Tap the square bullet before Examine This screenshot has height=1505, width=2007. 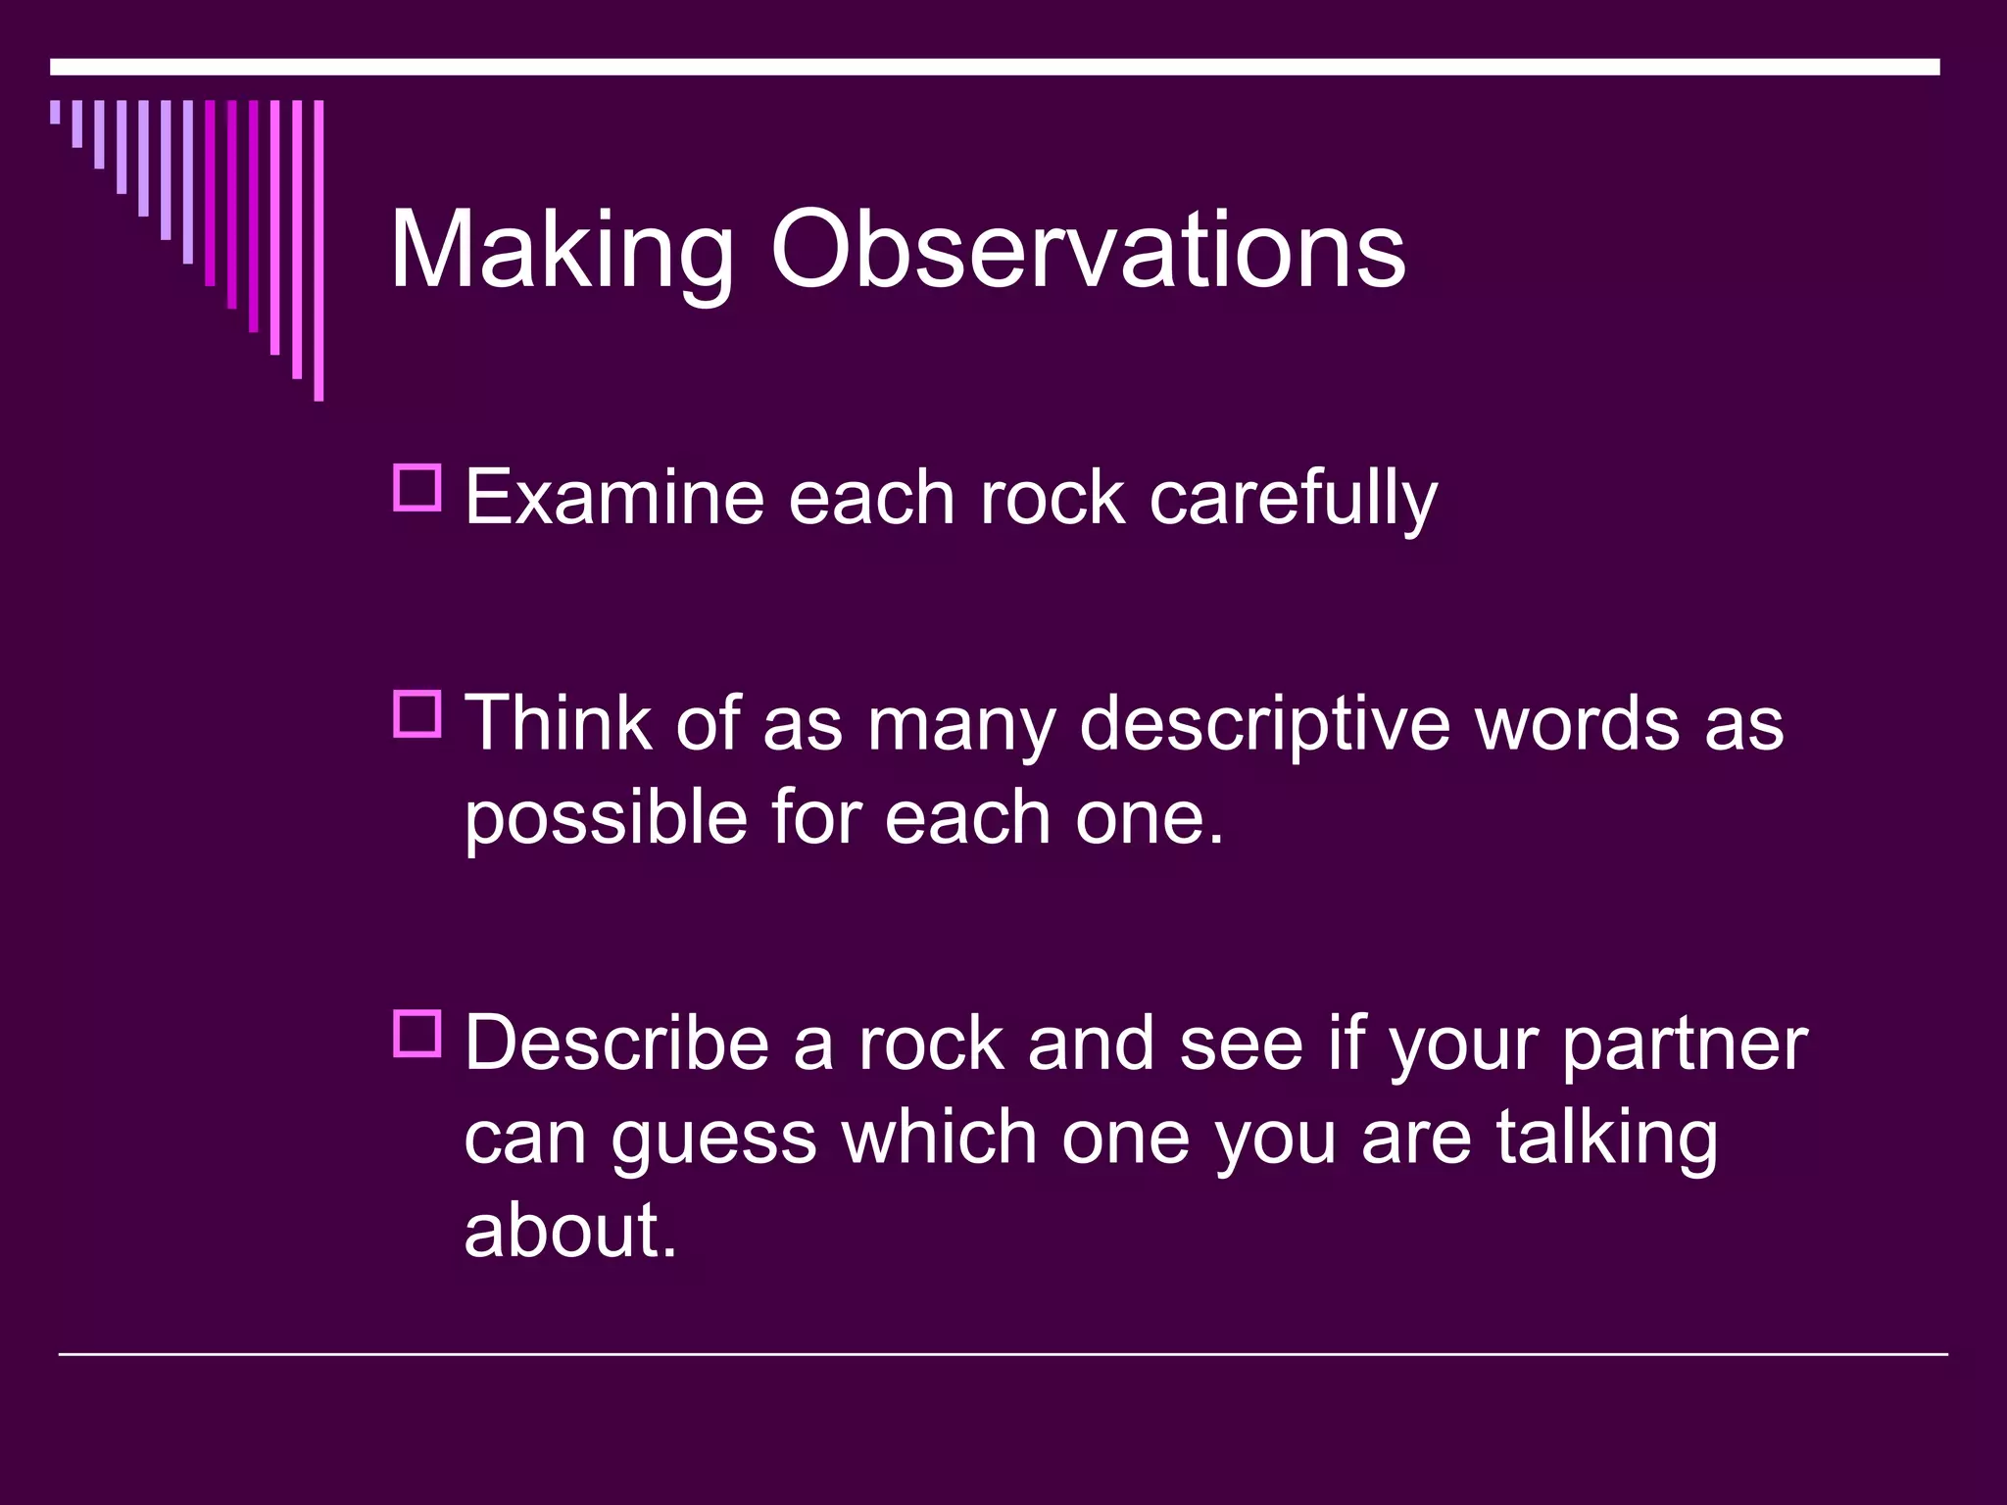(x=417, y=487)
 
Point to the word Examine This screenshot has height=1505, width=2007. (x=613, y=497)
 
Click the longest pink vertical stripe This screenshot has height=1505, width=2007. (x=318, y=250)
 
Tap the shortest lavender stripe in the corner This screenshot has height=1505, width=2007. (x=55, y=112)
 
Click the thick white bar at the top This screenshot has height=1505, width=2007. (x=994, y=67)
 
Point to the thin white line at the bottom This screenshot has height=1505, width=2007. (x=1002, y=1354)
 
